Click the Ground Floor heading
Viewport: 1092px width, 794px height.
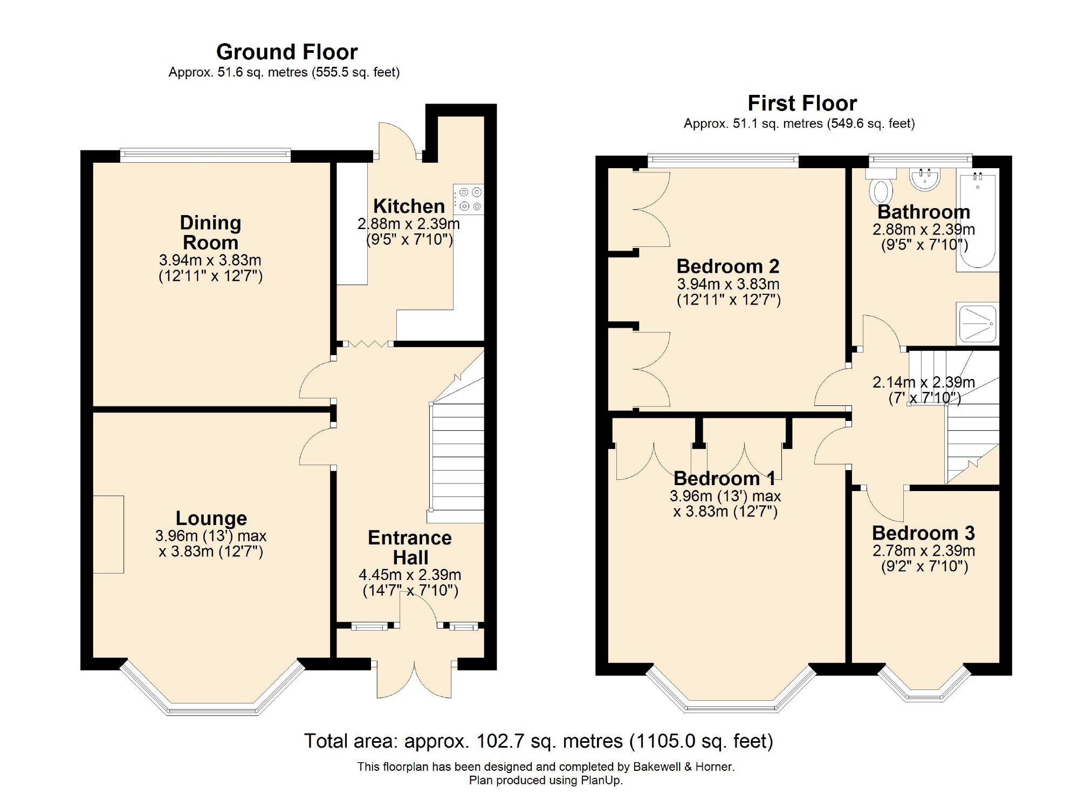[x=287, y=52]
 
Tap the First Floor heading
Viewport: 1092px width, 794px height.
[x=802, y=103]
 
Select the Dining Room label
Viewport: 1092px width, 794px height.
[x=210, y=232]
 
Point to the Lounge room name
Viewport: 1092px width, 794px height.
[x=211, y=518]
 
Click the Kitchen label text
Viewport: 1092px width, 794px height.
[x=409, y=206]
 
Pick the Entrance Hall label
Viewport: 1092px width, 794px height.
[x=410, y=547]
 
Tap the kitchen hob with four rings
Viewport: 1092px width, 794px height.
[x=469, y=199]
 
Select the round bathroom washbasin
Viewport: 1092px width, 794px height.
[x=925, y=179]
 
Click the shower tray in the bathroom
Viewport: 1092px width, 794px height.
[x=978, y=323]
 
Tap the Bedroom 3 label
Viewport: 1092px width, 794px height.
[x=923, y=533]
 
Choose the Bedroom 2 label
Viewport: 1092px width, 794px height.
[x=728, y=266]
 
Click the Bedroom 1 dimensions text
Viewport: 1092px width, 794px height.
[x=725, y=503]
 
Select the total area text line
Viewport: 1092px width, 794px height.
[x=539, y=741]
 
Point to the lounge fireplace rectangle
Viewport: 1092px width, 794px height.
[x=108, y=534]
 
